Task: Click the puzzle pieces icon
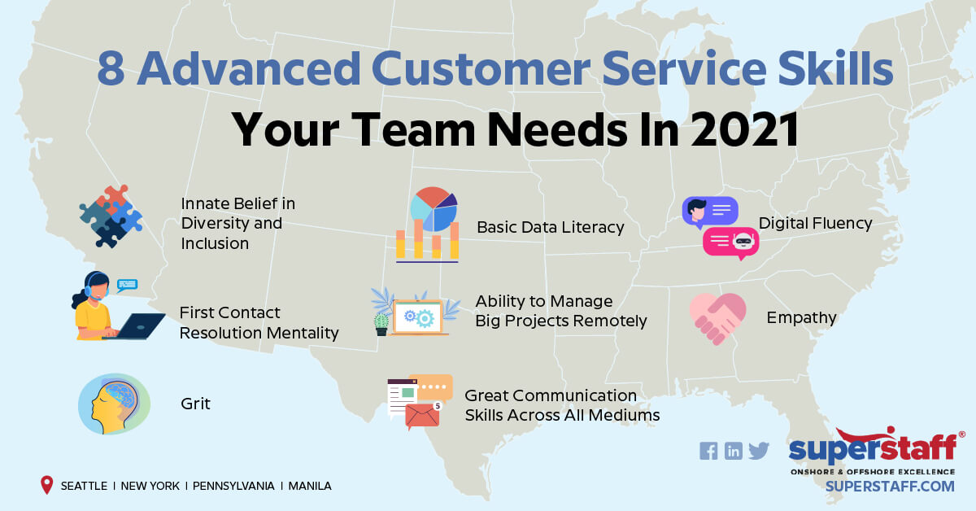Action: (x=111, y=216)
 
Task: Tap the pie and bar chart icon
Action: (x=427, y=225)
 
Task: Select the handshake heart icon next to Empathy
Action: (x=717, y=317)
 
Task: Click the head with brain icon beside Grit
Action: (x=114, y=404)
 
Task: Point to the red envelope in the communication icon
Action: (x=422, y=415)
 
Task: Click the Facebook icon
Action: (x=708, y=451)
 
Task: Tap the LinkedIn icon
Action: (x=733, y=451)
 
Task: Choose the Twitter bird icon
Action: (x=759, y=451)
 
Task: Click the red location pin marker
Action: (x=46, y=485)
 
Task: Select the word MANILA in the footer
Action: (x=310, y=486)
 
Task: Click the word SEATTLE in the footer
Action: (x=84, y=486)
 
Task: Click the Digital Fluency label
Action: (x=815, y=223)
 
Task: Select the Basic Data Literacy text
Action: (x=550, y=227)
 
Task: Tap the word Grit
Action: (x=195, y=404)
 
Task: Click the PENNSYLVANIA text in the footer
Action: (x=234, y=486)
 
